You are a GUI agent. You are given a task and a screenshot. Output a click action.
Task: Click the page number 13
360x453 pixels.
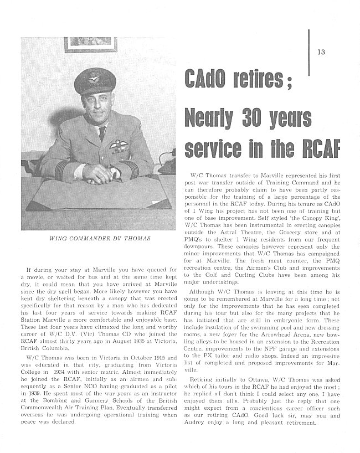click(321, 53)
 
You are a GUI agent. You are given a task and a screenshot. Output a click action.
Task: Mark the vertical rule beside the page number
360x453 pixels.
click(308, 50)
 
